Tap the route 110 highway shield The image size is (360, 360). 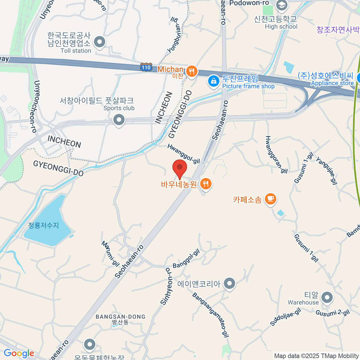tap(146, 67)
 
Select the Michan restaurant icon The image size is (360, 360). tap(191, 71)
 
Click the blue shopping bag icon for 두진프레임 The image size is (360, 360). tap(214, 81)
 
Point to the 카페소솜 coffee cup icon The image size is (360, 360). tap(270, 199)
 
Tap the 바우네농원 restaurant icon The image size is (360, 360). tap(205, 184)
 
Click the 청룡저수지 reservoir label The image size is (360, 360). tap(44, 225)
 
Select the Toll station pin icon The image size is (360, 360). tap(100, 42)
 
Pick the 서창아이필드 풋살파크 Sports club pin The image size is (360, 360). tap(119, 120)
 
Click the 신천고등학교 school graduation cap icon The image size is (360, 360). tap(281, 5)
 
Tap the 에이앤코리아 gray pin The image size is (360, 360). tap(230, 283)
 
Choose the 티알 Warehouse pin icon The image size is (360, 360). tap(327, 298)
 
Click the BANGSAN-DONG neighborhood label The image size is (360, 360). tap(120, 317)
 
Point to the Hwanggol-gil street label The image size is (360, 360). tap(183, 154)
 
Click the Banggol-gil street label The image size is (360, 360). tap(186, 259)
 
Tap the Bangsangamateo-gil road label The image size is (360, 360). tap(211, 315)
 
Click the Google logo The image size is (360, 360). tap(19, 353)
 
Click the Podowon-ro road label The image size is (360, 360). tap(249, 3)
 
